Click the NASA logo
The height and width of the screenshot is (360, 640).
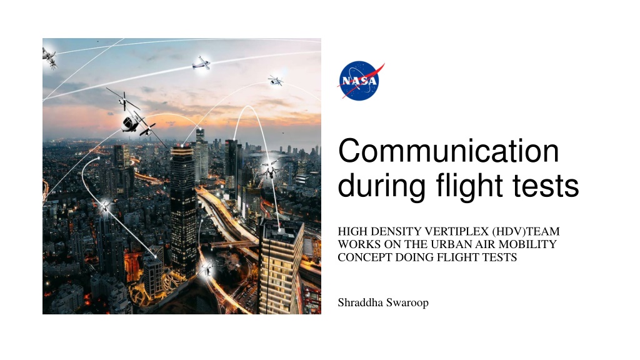[x=360, y=81]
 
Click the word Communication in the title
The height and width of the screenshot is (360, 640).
[x=449, y=151]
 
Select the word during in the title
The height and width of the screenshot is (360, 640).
[x=382, y=186]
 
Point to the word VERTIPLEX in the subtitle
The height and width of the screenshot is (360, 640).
[x=456, y=231]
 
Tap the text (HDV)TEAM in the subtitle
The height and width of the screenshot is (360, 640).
[x=526, y=231]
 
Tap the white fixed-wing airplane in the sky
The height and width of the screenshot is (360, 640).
[x=201, y=63]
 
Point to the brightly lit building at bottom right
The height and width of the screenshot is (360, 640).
[x=281, y=267]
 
